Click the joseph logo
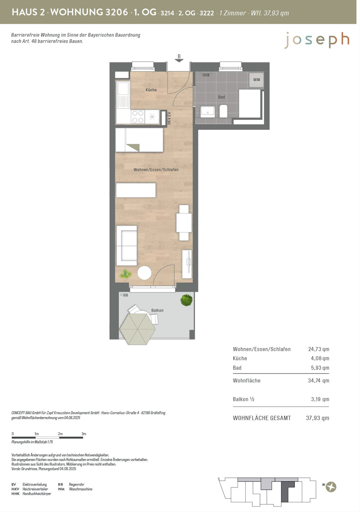tap(317, 40)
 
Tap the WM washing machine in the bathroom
tap(256, 80)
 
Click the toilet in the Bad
tap(223, 111)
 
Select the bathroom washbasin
tap(208, 112)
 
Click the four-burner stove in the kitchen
tap(138, 117)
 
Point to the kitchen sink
tap(123, 95)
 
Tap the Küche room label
tap(151, 90)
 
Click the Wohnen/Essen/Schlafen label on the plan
tap(156, 169)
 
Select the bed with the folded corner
tap(139, 140)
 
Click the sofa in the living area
tap(127, 246)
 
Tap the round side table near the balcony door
tap(144, 273)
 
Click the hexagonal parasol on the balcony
tap(137, 329)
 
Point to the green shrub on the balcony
tap(187, 300)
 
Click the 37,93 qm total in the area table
tap(317, 418)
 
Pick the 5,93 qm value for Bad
tap(320, 368)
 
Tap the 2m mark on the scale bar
tap(60, 434)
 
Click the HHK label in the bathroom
tap(206, 75)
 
